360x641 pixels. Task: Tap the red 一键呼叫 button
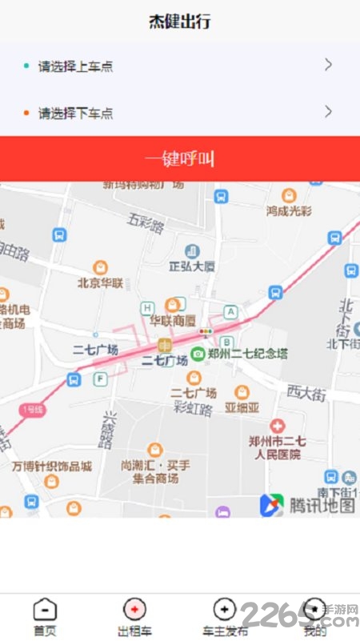[x=180, y=158]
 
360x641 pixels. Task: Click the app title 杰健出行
[x=180, y=22]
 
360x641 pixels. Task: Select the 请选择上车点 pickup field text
[x=75, y=66]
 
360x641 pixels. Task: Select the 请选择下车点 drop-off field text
[x=75, y=113]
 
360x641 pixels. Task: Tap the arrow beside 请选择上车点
[x=328, y=66]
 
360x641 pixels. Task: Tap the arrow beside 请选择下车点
[x=328, y=112]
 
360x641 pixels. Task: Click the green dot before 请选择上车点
[x=26, y=66]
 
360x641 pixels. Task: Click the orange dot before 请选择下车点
[x=26, y=113]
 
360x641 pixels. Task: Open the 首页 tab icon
[x=45, y=610]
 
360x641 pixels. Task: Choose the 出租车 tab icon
[x=134, y=610]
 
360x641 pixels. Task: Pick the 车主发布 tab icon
[x=225, y=610]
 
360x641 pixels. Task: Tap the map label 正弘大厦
[x=192, y=266]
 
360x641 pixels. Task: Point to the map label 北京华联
[x=100, y=282]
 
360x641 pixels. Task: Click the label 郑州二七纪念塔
[x=247, y=353]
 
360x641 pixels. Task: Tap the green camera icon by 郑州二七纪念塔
[x=198, y=353]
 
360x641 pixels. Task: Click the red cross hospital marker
[x=278, y=426]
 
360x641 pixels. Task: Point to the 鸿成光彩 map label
[x=290, y=210]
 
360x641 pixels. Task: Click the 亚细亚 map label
[x=242, y=407]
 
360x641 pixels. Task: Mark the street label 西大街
[x=307, y=392]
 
